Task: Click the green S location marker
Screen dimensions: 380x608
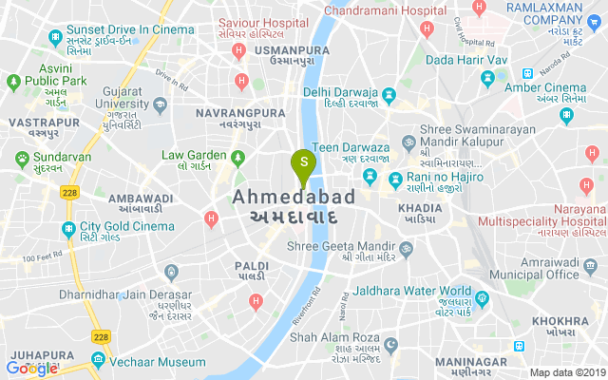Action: tap(304, 163)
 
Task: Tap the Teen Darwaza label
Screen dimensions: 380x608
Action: tap(350, 149)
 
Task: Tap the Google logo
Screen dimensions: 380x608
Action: tap(31, 368)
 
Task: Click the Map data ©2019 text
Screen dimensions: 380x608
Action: tap(566, 372)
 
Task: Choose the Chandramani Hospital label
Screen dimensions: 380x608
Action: tap(385, 10)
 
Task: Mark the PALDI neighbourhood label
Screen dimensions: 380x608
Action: tap(253, 266)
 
